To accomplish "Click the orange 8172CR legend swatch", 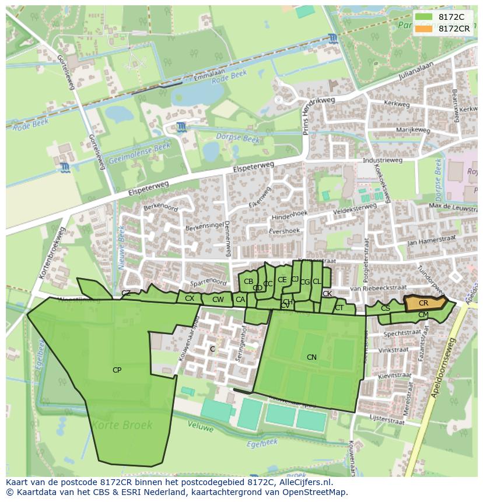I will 424,29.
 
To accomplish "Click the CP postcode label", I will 117,370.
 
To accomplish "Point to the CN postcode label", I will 311,357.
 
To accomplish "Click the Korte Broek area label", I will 123,425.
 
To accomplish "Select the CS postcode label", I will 385,308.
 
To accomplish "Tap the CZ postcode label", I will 126,293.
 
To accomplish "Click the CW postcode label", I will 218,300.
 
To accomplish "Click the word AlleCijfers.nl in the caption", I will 304,482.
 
